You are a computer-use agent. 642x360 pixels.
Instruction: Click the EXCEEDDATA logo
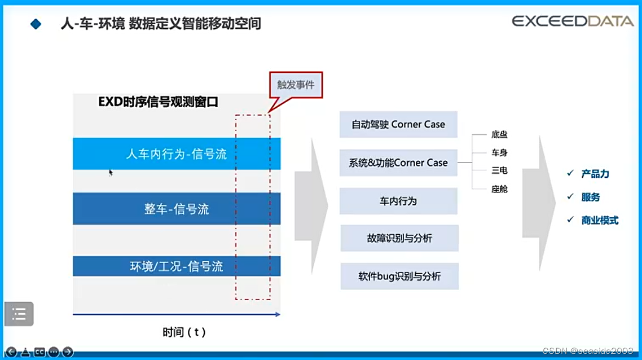[573, 21]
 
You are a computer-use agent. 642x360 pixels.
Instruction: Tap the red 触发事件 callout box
[295, 85]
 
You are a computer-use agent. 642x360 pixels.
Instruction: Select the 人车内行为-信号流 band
[177, 154]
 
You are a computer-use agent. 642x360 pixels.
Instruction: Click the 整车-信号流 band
[177, 209]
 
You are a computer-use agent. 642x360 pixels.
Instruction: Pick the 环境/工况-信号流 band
[177, 266]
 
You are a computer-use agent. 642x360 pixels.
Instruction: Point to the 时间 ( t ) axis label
[184, 332]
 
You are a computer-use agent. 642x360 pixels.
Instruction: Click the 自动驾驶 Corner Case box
[398, 125]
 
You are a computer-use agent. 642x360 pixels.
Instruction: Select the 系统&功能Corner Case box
[398, 163]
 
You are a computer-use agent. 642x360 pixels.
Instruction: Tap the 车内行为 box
[398, 201]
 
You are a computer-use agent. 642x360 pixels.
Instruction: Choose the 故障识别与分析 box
[399, 238]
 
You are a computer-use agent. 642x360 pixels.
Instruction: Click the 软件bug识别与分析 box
[399, 276]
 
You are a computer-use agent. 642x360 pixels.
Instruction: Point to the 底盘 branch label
[499, 135]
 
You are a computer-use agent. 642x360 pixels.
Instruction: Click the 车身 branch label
[499, 153]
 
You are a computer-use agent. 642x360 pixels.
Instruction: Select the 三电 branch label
[499, 171]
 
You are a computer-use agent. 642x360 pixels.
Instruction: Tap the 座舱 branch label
[499, 189]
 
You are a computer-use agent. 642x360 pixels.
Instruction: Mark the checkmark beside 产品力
[570, 173]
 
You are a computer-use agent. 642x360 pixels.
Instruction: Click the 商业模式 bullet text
[600, 221]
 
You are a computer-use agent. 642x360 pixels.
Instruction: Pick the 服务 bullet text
[591, 197]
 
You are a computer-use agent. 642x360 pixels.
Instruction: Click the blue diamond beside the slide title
[36, 24]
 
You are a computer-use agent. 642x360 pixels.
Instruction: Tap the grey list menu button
[19, 314]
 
